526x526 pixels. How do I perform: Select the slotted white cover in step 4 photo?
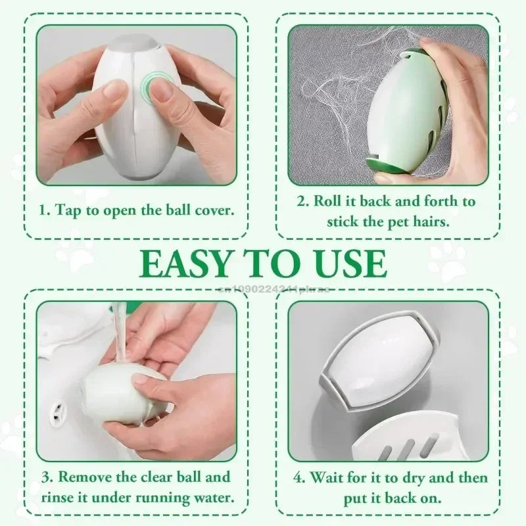click(408, 435)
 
